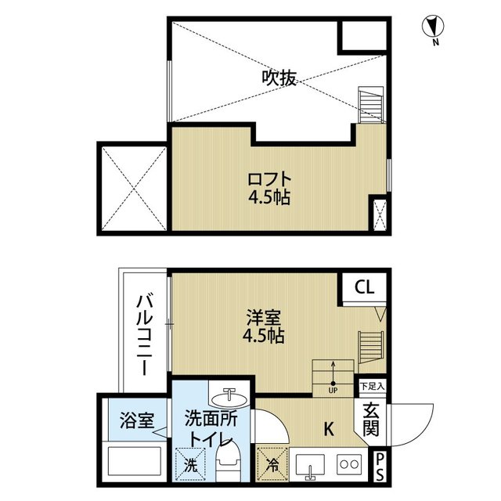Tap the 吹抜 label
(279, 77)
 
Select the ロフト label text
(269, 179)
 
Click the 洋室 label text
(264, 317)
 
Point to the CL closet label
(365, 287)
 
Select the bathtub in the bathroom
(135, 461)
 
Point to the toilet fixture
(228, 461)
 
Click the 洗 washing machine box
(190, 464)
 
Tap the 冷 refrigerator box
(272, 464)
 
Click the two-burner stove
(349, 464)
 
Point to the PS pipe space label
(380, 467)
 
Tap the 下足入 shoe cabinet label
(372, 386)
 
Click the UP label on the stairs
(333, 390)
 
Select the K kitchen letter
(329, 429)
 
